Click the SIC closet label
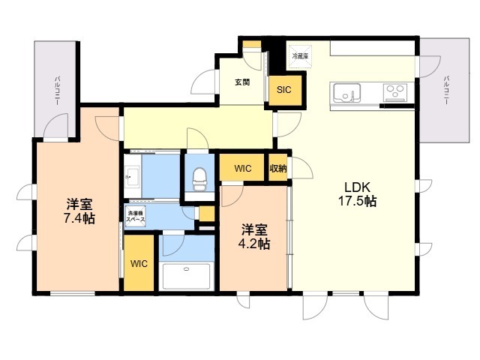(283, 90)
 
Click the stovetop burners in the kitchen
(394, 92)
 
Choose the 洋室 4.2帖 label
(255, 236)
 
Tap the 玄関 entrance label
(241, 82)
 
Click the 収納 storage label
(278, 169)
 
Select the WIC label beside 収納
(242, 169)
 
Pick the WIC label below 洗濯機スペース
(139, 264)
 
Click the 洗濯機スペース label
(136, 217)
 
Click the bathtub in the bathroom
(187, 275)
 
